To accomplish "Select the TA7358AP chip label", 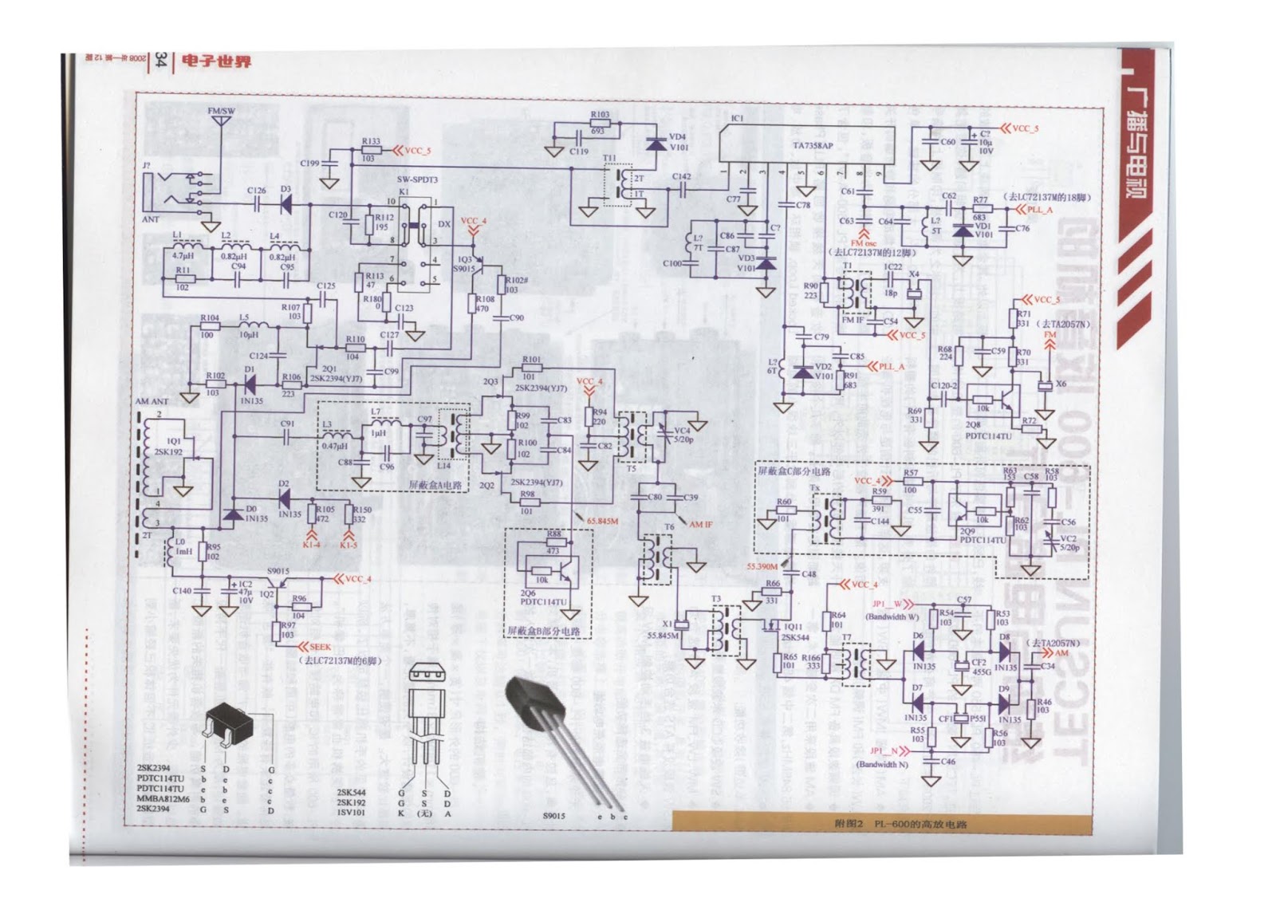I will click(x=812, y=146).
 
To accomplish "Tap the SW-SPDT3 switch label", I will click(x=417, y=180).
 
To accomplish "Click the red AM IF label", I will click(x=701, y=524).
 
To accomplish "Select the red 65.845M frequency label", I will click(x=602, y=521).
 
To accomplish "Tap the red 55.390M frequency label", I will click(x=762, y=566).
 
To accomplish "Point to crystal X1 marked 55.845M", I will click(x=682, y=624).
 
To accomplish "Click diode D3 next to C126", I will click(x=285, y=203).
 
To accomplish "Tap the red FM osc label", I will click(x=863, y=242).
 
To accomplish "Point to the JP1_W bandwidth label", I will click(x=886, y=604).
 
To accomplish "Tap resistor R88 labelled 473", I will click(x=553, y=542).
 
